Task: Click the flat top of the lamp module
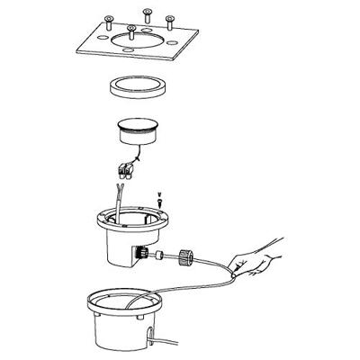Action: coord(140,129)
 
